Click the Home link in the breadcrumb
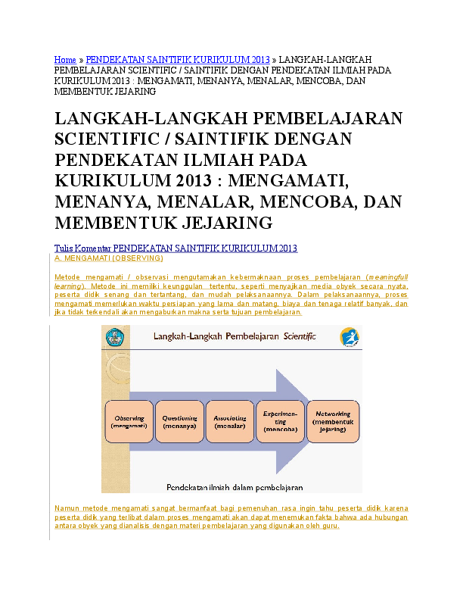[65, 60]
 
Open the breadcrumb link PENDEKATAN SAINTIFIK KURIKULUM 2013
[178, 60]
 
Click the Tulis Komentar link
[82, 248]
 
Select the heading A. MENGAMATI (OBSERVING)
[109, 258]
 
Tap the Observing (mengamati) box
[129, 422]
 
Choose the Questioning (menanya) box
[179, 422]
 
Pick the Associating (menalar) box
[230, 422]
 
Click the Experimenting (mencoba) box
[281, 422]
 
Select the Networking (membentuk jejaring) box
[333, 422]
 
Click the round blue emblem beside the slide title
[114, 337]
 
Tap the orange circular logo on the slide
[350, 337]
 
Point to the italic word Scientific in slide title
[300, 336]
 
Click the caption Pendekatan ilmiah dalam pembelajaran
[235, 488]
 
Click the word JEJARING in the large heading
[227, 223]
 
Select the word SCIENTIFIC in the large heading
[107, 139]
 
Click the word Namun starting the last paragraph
[66, 508]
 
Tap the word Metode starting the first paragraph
[67, 277]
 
